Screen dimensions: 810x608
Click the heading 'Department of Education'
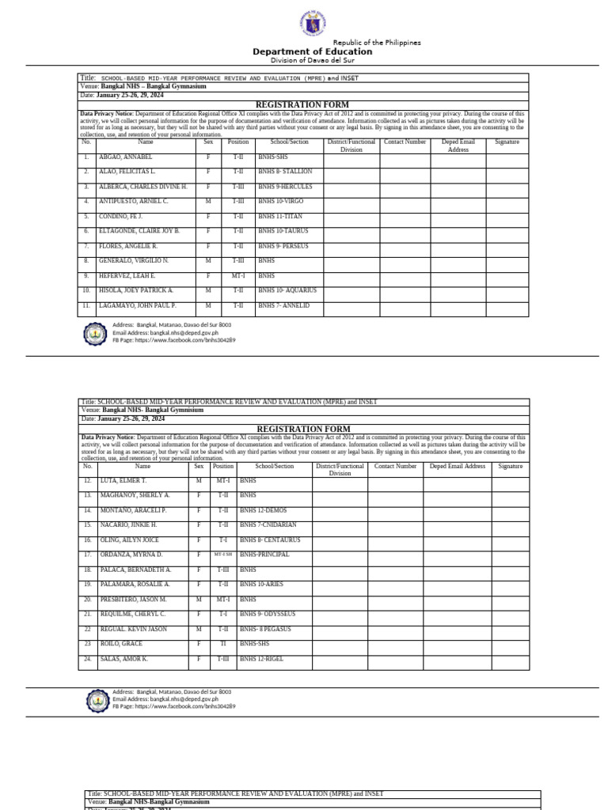pos(312,51)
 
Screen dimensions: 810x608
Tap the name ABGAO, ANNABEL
pos(125,157)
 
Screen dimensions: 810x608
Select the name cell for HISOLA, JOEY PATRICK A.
pos(135,290)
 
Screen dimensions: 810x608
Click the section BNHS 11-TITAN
pos(280,216)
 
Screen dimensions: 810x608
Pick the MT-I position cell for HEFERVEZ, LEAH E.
pos(238,276)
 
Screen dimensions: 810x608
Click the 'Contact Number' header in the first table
pos(405,142)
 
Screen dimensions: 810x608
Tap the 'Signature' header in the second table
pos(511,467)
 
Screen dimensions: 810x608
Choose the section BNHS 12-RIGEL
pos(264,658)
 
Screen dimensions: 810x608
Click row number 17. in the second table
pos(87,555)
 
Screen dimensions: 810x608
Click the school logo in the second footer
pos(97,701)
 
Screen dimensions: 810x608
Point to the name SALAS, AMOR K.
pos(123,658)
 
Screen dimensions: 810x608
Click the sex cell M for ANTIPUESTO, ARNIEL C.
pos(208,202)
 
